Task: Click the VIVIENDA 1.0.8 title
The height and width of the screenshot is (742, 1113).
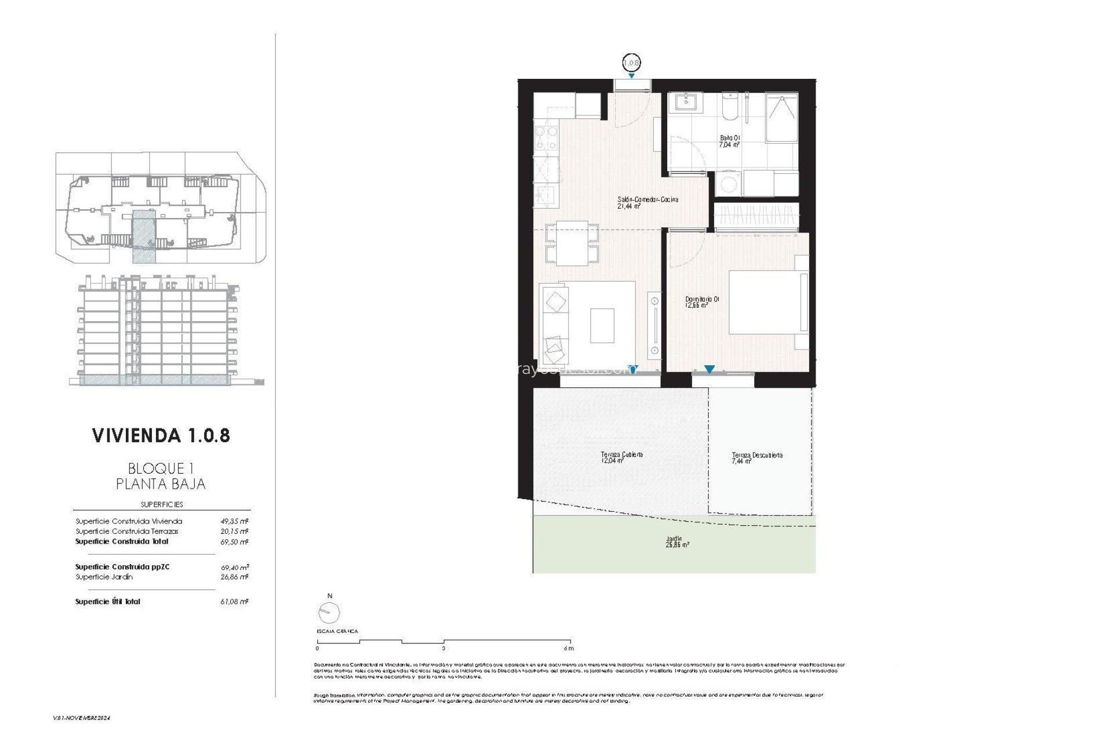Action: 161,435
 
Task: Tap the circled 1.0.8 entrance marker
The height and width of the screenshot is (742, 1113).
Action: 631,61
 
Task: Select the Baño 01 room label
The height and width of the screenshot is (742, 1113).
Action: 730,141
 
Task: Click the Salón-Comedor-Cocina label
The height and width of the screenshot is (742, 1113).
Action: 648,202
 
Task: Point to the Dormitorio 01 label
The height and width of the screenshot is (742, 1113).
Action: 702,301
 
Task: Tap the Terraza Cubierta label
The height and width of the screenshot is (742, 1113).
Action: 621,457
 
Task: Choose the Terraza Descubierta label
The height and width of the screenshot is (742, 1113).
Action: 756,458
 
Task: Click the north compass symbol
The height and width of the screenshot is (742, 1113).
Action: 329,611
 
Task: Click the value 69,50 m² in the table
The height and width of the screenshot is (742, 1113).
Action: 237,541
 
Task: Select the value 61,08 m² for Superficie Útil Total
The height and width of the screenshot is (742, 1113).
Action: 237,602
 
